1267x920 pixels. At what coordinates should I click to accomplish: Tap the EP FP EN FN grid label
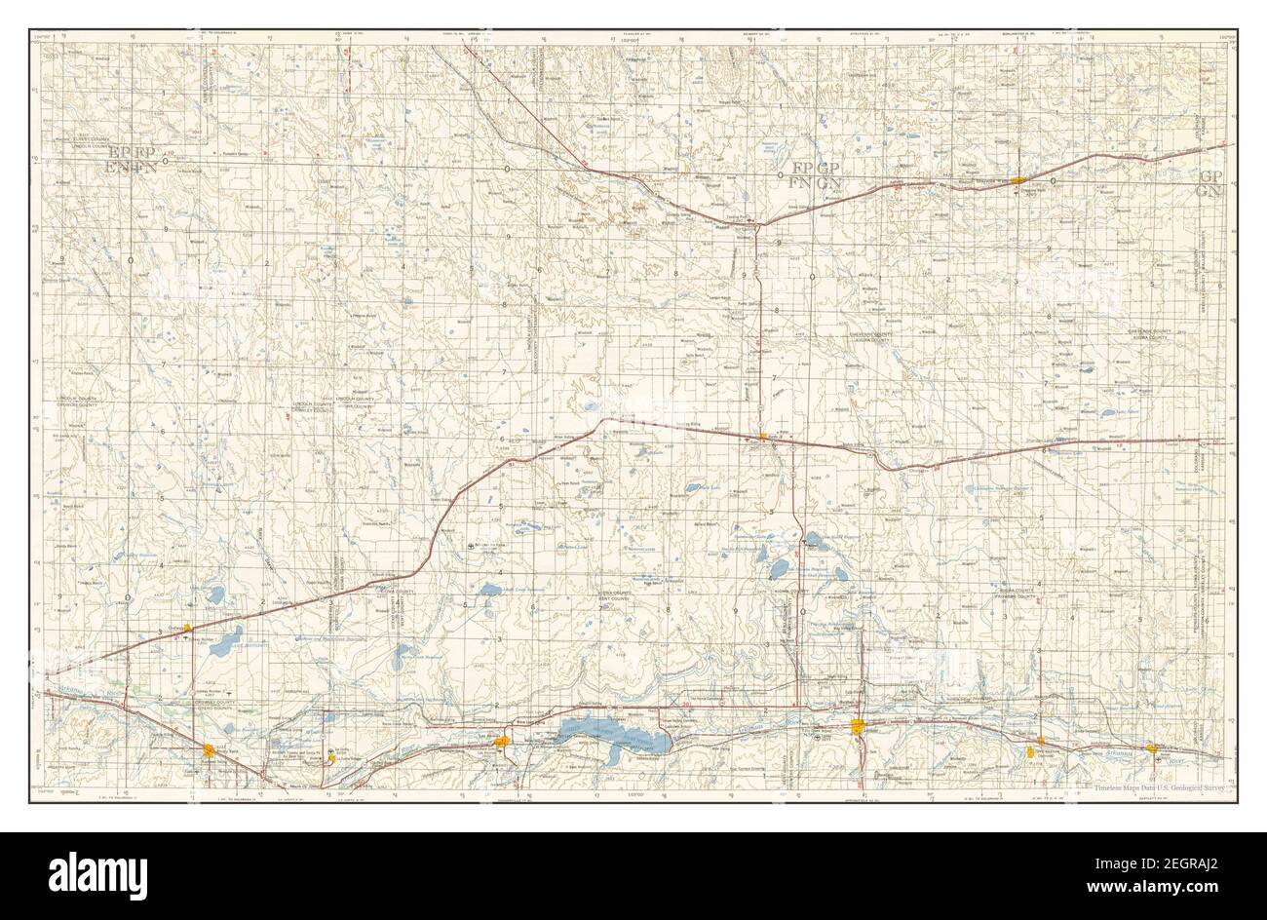pyautogui.click(x=133, y=161)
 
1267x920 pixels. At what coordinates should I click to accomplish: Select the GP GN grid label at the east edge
pyautogui.click(x=1210, y=182)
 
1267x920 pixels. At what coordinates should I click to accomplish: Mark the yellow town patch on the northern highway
pyautogui.click(x=1017, y=180)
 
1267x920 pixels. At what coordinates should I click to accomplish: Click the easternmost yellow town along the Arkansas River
pyautogui.click(x=1152, y=749)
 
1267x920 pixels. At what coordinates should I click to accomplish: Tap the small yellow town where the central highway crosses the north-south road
pyautogui.click(x=763, y=440)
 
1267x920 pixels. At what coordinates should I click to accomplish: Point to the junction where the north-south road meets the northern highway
pyautogui.click(x=757, y=225)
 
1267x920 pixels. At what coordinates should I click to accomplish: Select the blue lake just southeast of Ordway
pyautogui.click(x=229, y=640)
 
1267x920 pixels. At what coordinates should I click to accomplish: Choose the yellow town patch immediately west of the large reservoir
pyautogui.click(x=502, y=744)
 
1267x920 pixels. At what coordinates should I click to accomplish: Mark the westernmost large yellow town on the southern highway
pyautogui.click(x=210, y=749)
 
